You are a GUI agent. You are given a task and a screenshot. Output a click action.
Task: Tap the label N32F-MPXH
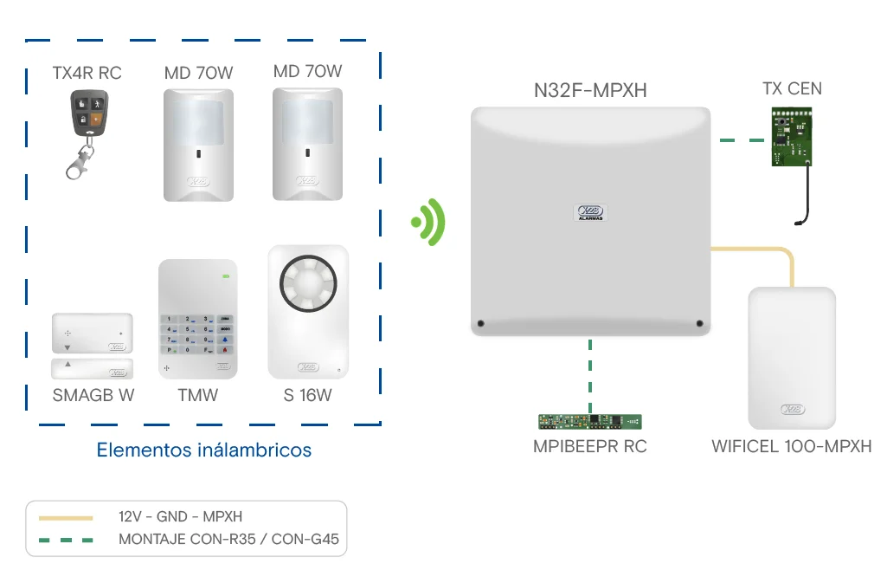tap(590, 90)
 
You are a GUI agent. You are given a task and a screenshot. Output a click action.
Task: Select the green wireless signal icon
tap(428, 223)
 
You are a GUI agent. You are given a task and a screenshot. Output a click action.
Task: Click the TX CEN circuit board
tap(792, 135)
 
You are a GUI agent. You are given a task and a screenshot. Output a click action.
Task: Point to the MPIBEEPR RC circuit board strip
tap(590, 422)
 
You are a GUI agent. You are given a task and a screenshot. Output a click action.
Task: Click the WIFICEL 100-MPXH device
tap(791, 358)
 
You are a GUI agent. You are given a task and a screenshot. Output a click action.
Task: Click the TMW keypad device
tap(197, 320)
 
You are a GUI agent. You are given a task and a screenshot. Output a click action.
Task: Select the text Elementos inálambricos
tap(203, 450)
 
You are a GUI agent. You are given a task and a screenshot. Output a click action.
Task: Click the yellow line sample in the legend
tap(66, 517)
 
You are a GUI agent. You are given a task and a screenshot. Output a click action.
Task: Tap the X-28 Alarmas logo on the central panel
tap(590, 213)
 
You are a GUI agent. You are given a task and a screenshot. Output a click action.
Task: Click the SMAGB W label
tap(93, 396)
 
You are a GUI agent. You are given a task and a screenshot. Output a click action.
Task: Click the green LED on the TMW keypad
tap(226, 277)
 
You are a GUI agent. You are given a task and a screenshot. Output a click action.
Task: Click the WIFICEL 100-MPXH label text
tap(791, 447)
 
